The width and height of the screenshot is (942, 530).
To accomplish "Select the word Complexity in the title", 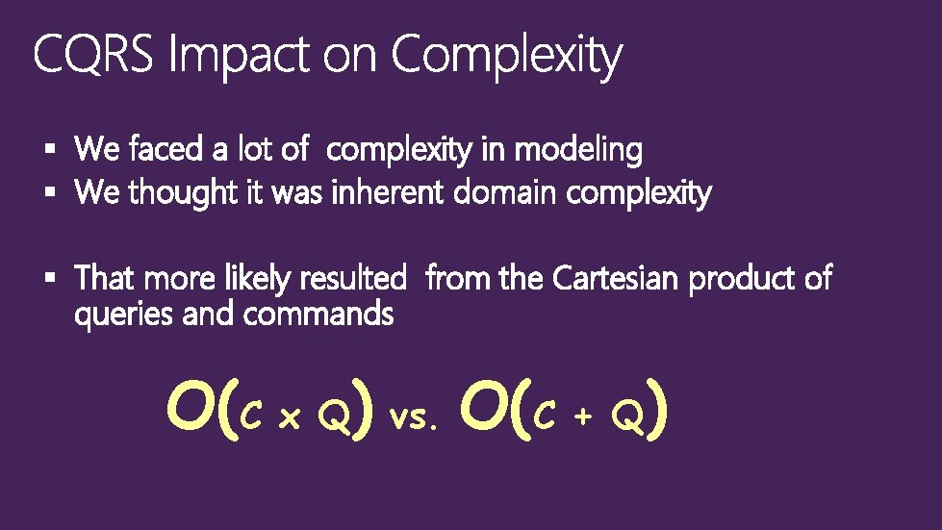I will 506,58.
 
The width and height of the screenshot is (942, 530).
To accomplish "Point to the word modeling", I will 578,151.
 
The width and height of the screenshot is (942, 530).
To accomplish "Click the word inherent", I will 388,193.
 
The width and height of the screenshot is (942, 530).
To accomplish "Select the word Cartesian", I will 617,279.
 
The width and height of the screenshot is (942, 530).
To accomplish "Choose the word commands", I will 318,314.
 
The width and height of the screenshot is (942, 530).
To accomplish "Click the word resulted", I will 353,279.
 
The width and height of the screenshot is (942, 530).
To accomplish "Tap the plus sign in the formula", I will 583,416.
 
